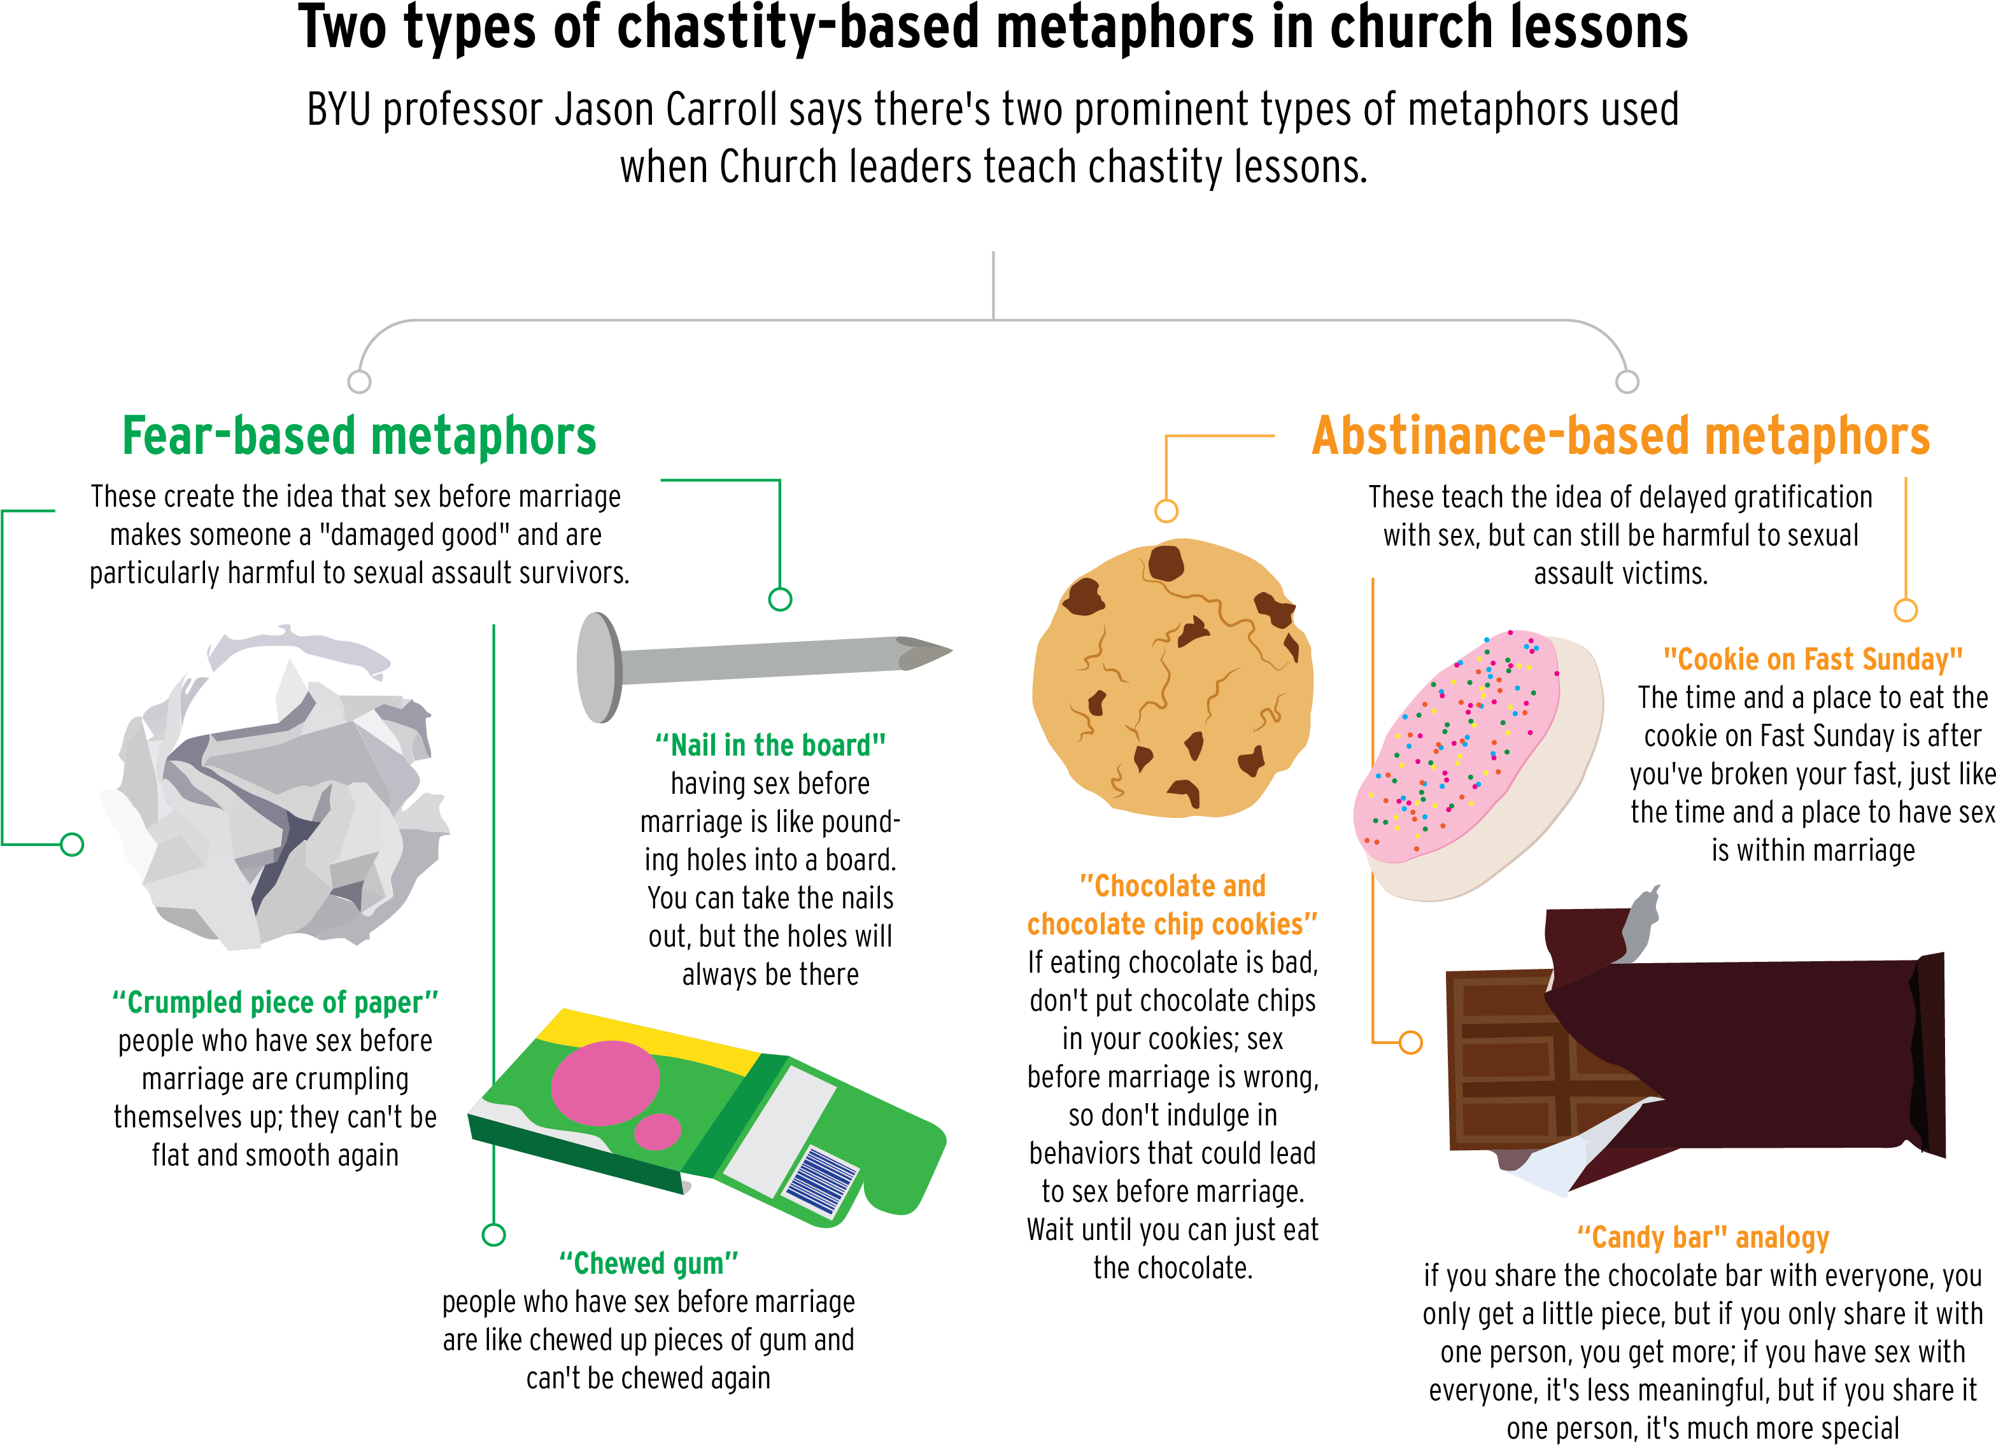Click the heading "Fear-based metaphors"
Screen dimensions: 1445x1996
tap(359, 437)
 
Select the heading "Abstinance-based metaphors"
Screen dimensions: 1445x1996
tap(1620, 437)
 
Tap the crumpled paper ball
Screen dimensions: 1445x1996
tap(273, 792)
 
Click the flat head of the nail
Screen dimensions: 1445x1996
tap(598, 668)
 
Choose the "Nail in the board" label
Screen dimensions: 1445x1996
tap(770, 746)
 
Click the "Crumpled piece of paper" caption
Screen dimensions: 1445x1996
tap(274, 1003)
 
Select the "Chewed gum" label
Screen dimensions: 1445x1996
tap(649, 1264)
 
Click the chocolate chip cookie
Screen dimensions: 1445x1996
tap(1172, 677)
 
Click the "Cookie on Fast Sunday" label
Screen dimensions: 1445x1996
tap(1813, 659)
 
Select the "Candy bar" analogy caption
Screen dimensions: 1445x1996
tap(1703, 1238)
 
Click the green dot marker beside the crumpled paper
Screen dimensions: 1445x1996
tap(72, 845)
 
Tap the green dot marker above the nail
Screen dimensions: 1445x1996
tap(780, 599)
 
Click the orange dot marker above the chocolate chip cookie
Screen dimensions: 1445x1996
tap(1166, 511)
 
